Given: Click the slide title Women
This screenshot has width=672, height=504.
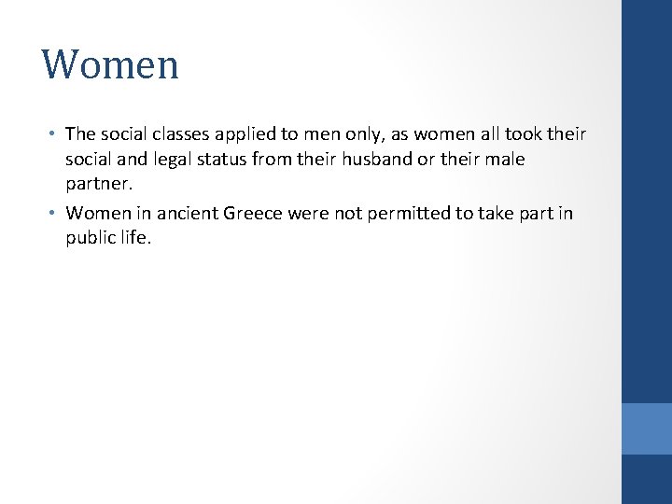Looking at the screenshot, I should tap(110, 65).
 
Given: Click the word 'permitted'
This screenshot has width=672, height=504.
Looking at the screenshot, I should tap(406, 214).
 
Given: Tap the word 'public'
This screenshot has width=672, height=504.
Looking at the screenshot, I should tap(91, 239).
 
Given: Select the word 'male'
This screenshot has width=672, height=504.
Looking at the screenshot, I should tap(505, 160).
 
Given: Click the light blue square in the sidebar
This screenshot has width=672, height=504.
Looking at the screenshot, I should tap(646, 428).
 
